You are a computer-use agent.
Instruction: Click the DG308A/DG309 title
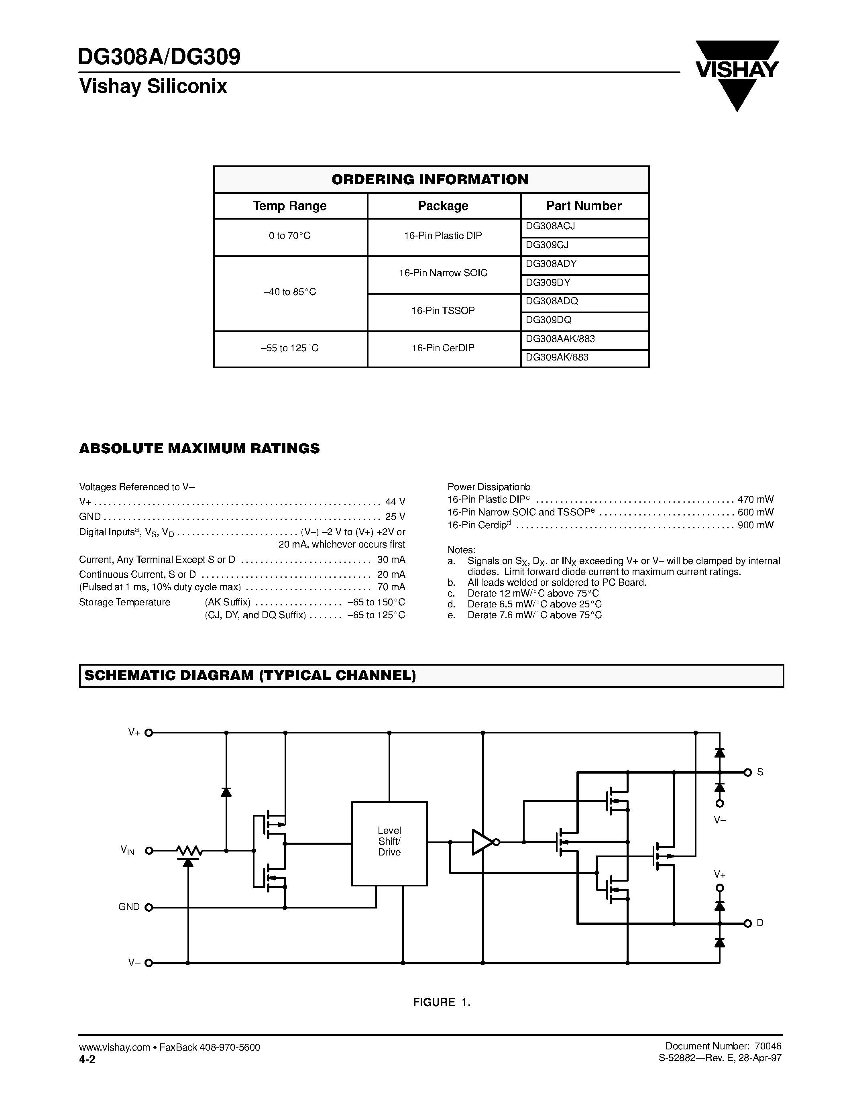159,57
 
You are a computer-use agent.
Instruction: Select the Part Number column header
584,206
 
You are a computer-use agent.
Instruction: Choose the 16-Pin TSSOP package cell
443,311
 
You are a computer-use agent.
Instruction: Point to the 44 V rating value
395,502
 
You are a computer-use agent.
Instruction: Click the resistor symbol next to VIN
189,851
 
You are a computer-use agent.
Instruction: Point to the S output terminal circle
748,772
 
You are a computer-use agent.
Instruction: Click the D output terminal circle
748,923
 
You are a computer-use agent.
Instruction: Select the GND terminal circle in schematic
149,907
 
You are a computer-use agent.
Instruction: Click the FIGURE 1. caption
442,1002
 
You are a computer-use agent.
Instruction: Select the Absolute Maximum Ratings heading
199,449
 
